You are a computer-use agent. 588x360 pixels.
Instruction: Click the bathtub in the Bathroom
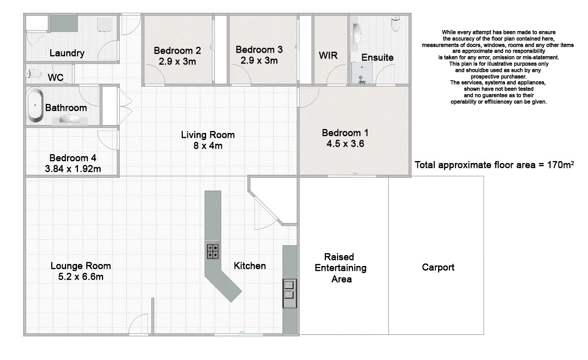tap(35, 105)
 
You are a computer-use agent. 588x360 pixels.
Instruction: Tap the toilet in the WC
tap(34, 74)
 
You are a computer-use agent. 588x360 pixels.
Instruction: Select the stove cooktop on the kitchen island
tap(212, 251)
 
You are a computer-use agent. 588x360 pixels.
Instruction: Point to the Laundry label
tap(67, 53)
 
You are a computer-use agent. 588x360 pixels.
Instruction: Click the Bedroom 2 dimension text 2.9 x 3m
tap(177, 62)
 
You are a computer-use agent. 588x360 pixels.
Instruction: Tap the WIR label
tap(328, 55)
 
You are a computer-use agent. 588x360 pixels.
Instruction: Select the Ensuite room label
tap(377, 57)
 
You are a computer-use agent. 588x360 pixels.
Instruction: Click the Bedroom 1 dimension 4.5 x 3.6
tap(345, 144)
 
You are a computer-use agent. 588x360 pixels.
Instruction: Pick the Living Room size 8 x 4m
tap(208, 146)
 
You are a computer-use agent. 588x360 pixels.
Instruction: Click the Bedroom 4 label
tap(72, 158)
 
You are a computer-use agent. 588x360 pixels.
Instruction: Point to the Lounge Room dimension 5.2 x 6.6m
tap(81, 277)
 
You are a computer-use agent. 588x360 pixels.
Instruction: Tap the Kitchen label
tap(249, 266)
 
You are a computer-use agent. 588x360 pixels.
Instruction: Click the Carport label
tap(438, 267)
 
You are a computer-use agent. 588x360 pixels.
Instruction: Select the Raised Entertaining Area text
tap(341, 268)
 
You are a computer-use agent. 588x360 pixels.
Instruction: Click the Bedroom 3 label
tap(259, 50)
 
